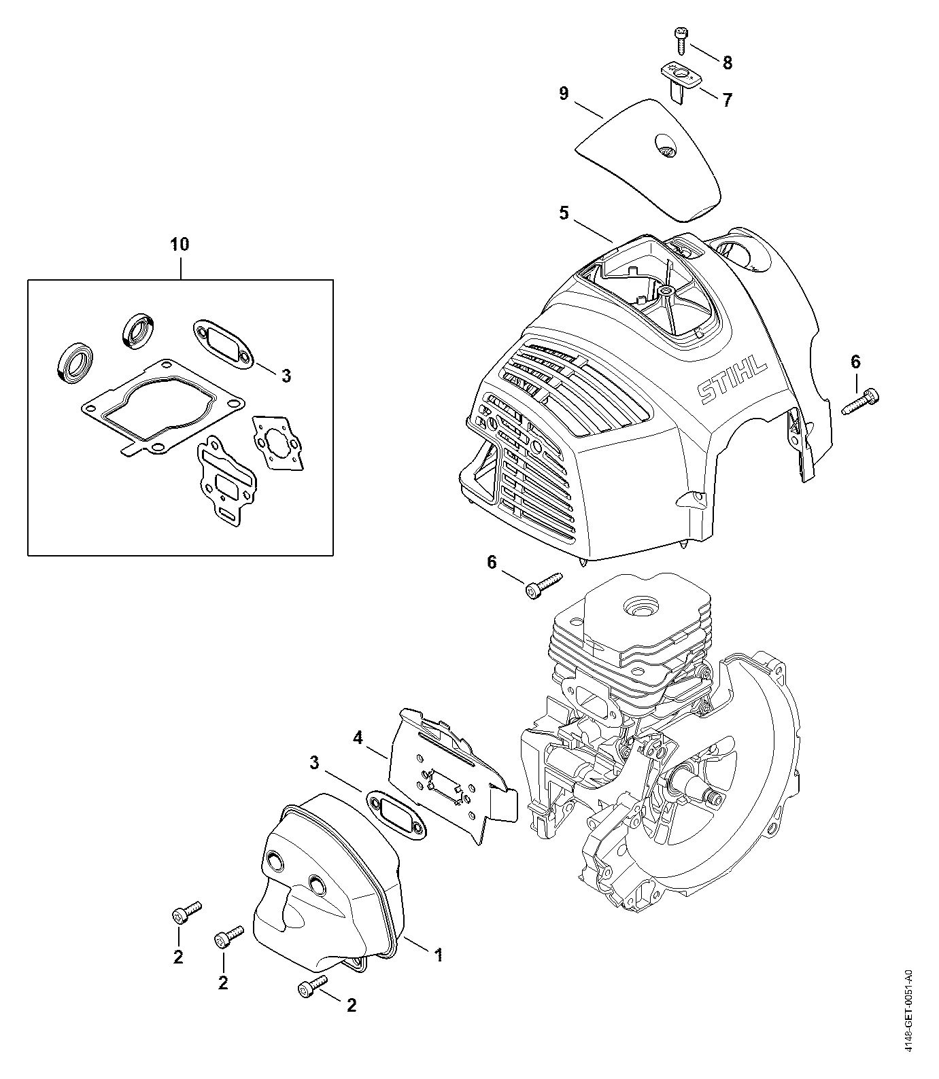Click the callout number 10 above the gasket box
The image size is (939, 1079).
180,244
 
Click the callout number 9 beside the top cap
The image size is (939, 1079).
564,93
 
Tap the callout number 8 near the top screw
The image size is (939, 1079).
727,63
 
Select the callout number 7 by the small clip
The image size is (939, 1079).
727,101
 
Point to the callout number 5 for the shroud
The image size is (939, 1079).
564,213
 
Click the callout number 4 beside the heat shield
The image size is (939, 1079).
358,737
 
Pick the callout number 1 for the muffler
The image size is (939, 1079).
439,955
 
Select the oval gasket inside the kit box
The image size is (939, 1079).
224,345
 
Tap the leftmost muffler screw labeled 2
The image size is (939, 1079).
185,912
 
